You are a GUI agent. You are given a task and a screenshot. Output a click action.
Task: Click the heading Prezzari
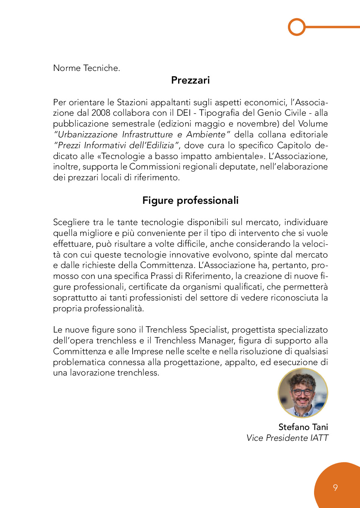(x=190, y=80)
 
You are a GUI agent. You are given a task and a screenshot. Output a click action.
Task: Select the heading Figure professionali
(x=190, y=200)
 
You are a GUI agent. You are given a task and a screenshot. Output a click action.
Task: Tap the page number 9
(x=335, y=487)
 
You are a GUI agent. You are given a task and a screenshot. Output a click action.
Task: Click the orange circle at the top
(x=297, y=27)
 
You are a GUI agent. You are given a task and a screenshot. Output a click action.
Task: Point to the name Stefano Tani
(x=303, y=427)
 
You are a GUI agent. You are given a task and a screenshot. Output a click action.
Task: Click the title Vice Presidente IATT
(x=287, y=438)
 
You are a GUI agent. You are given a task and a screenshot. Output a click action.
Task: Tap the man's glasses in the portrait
(x=302, y=392)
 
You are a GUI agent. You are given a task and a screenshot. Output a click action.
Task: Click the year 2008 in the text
(x=101, y=113)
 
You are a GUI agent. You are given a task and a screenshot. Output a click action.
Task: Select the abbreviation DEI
(x=184, y=113)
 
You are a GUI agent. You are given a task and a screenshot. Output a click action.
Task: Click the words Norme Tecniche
(x=87, y=68)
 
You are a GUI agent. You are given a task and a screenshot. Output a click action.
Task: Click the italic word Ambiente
(x=206, y=135)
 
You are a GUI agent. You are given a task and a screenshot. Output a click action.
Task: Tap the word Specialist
(x=208, y=330)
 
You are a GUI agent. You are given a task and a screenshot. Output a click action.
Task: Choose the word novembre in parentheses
(x=254, y=124)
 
